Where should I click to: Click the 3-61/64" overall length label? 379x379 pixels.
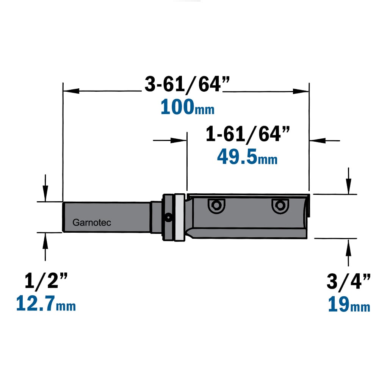point(187,84)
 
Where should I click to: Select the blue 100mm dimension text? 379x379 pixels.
point(187,107)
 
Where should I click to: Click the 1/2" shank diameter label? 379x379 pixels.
point(46,280)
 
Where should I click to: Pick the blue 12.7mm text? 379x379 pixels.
point(46,303)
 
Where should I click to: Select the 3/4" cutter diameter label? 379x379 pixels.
point(348,282)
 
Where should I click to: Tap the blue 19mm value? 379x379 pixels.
point(349,304)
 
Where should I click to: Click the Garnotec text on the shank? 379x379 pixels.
point(92,222)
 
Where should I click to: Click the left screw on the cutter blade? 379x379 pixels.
point(216,206)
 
